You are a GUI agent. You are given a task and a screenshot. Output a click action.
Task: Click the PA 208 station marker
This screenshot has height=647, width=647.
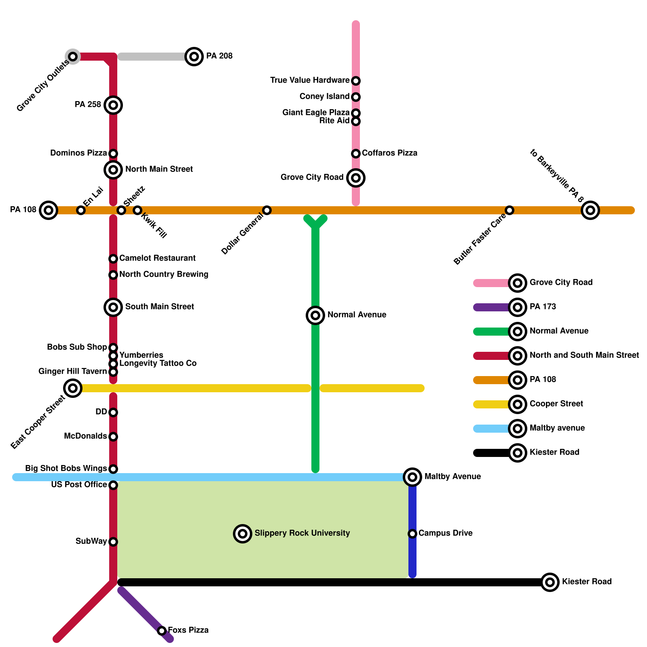tap(194, 57)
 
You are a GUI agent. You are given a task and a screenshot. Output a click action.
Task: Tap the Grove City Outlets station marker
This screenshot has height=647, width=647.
tap(73, 57)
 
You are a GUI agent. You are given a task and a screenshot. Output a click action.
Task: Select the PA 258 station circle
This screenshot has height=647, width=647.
tap(113, 105)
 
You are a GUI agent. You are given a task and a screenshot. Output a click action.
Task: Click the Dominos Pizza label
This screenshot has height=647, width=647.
tap(78, 153)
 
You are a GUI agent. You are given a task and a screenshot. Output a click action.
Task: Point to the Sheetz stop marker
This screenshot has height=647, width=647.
tap(121, 210)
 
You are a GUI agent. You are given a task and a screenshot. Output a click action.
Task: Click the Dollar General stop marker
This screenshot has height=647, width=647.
tap(267, 210)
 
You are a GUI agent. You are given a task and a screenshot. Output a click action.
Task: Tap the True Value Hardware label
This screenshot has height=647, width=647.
tap(310, 80)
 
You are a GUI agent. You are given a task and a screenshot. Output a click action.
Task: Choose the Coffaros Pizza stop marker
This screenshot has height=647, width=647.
tap(356, 154)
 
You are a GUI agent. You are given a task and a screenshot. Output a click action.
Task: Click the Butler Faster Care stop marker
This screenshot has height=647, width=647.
tap(510, 210)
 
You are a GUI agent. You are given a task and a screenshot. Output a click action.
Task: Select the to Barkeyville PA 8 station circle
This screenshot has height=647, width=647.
tap(590, 210)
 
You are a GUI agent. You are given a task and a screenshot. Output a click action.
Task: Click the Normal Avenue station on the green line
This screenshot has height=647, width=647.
tap(315, 315)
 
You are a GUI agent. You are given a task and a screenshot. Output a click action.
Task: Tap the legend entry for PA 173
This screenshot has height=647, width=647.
tap(543, 307)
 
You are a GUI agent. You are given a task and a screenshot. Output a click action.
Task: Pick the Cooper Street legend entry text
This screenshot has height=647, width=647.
tap(556, 404)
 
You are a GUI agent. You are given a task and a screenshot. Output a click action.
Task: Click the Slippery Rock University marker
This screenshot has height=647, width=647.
tap(243, 534)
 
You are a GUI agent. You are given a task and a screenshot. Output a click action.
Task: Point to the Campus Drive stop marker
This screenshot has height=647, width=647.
tap(412, 534)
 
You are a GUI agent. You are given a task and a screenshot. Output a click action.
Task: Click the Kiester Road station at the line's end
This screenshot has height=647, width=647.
tap(550, 582)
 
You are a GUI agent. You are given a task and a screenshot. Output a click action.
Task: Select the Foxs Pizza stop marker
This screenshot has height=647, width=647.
tap(162, 631)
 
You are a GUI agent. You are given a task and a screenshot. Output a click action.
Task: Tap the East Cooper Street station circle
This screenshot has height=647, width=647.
tap(73, 388)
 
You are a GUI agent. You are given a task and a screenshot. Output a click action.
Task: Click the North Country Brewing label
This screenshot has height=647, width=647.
tap(164, 275)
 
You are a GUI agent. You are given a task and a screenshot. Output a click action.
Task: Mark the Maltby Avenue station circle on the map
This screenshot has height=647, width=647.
tap(412, 477)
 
